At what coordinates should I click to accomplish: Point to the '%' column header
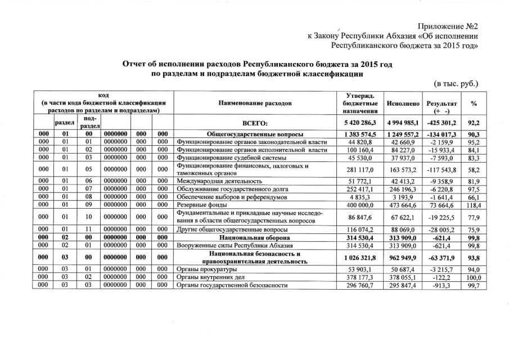click(474, 104)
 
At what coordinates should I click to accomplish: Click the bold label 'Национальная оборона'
click(256, 238)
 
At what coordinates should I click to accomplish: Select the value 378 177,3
click(360, 277)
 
